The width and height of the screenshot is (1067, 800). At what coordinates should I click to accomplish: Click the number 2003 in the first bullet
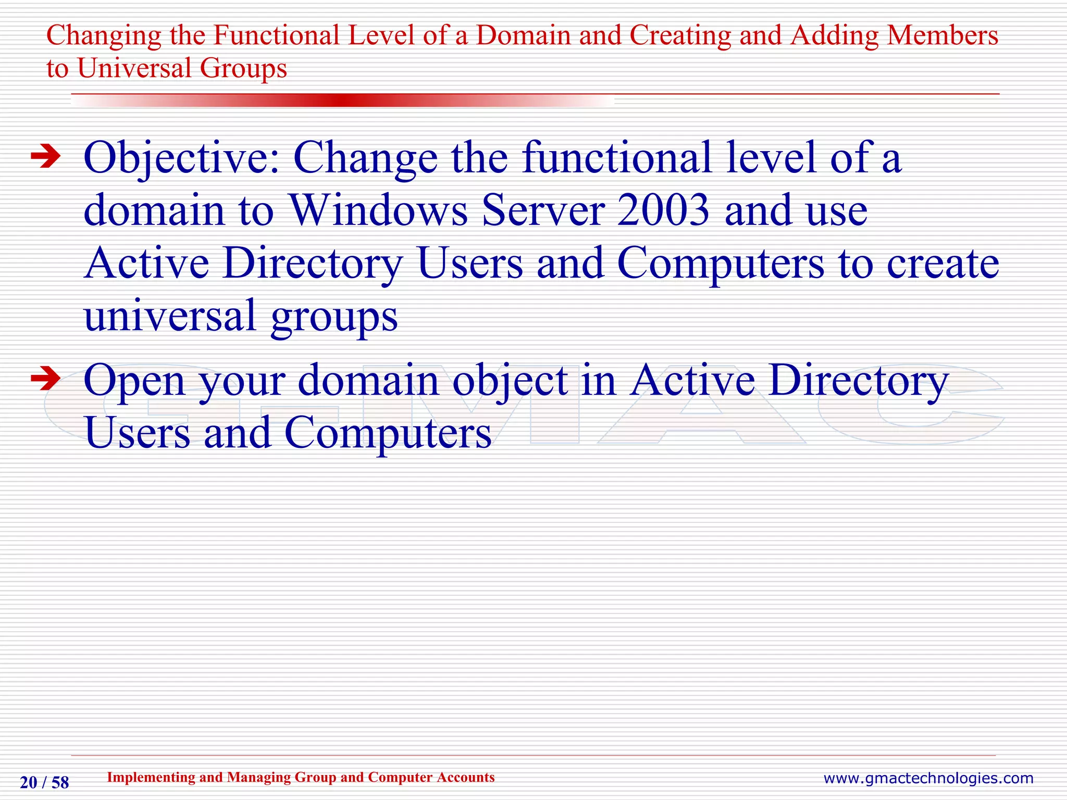point(663,210)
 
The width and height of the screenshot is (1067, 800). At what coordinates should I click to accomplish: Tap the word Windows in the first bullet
point(379,210)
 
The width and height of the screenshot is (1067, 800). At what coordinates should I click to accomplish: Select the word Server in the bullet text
point(543,210)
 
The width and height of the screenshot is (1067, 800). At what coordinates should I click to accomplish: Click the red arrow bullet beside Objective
point(46,157)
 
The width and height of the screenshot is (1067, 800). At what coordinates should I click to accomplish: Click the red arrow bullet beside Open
point(46,379)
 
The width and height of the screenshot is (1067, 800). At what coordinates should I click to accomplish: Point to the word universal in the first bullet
point(170,316)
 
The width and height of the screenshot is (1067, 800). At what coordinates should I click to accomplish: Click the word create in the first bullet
point(942,264)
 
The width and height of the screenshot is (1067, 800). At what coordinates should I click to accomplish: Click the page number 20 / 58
point(44,782)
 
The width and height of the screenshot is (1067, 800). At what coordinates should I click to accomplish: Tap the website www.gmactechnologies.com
point(928,778)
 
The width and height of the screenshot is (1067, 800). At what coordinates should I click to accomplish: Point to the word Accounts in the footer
point(465,777)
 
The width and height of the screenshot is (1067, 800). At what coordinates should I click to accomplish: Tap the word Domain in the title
point(524,35)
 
